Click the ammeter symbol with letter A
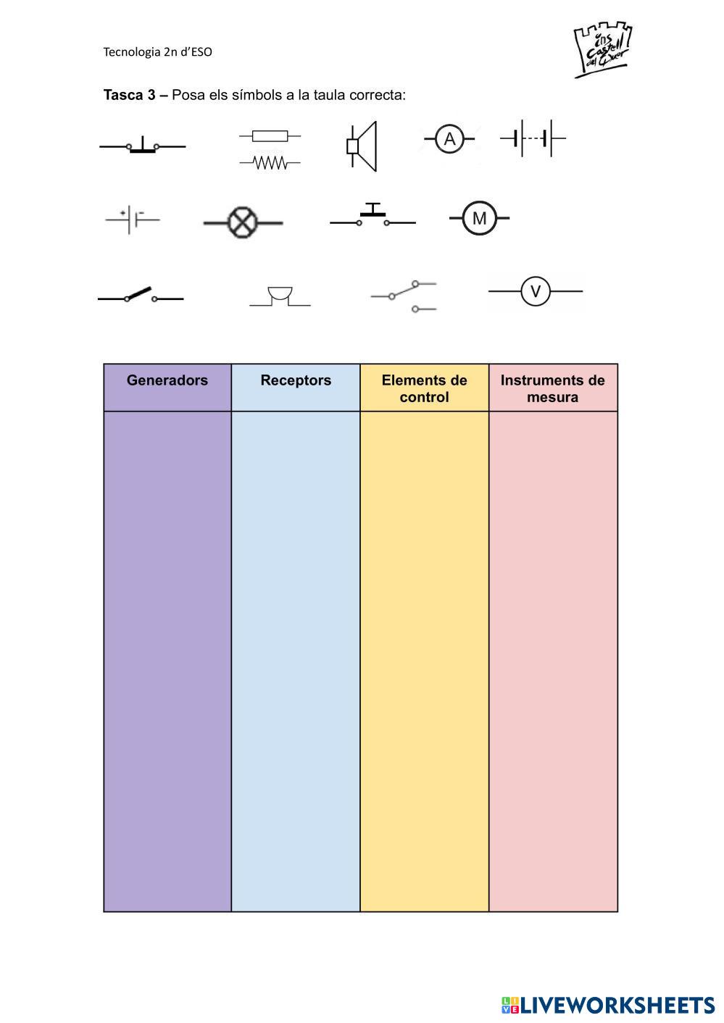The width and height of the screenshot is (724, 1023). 449,138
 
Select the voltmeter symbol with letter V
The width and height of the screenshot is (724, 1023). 536,291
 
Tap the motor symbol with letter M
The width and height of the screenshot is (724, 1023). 479,218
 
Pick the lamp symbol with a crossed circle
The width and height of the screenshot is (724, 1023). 243,222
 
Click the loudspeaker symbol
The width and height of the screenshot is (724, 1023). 362,146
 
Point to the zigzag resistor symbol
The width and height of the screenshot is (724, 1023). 270,162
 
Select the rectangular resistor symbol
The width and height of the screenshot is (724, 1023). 270,136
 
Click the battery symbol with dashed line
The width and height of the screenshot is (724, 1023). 533,138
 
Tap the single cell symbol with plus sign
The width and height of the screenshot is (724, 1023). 132,220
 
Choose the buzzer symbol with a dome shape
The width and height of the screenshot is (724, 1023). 280,296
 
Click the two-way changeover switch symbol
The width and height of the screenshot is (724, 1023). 404,296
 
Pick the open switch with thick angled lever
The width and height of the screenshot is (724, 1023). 141,295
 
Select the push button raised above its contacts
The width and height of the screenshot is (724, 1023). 373,215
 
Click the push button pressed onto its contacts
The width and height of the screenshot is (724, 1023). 143,145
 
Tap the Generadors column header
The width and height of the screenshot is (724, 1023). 167,380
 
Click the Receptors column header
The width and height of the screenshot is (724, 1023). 296,380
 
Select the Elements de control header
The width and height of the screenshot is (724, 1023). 425,388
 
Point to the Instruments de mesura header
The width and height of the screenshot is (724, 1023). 553,388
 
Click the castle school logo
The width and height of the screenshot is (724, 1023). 603,49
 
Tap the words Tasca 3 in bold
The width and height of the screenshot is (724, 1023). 129,95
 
